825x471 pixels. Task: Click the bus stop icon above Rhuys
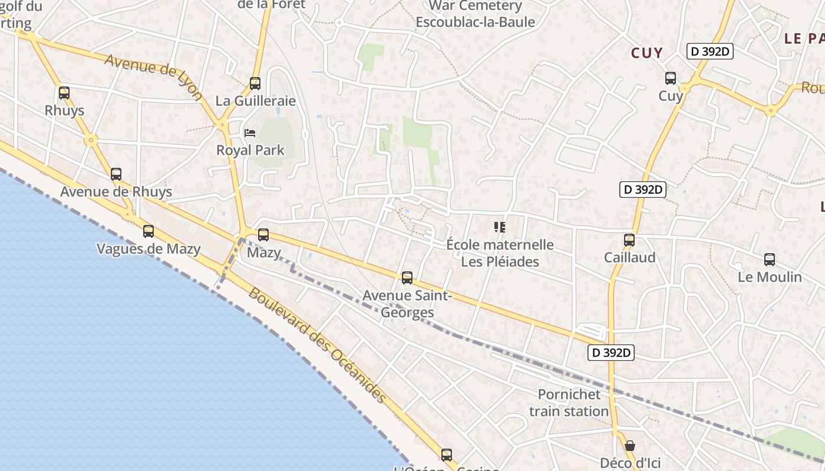click(64, 93)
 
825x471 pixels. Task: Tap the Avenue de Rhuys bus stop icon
click(116, 174)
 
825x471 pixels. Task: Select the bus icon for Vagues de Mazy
click(148, 231)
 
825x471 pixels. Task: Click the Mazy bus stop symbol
click(263, 235)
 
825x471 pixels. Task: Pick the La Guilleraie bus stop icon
click(255, 84)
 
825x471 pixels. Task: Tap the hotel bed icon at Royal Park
click(250, 133)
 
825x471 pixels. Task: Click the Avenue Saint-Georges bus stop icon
click(407, 278)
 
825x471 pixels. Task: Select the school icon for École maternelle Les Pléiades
click(500, 227)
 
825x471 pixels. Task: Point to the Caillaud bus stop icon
click(629, 240)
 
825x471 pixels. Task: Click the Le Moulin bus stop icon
click(770, 260)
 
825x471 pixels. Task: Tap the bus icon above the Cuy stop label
click(671, 78)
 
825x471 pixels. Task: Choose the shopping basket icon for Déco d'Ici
click(630, 446)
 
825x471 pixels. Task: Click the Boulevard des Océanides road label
click(318, 344)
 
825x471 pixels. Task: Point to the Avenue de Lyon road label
click(154, 77)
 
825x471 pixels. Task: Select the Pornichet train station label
click(569, 403)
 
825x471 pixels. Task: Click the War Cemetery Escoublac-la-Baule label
click(476, 14)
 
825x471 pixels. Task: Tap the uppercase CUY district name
click(647, 53)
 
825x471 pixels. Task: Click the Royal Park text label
click(250, 150)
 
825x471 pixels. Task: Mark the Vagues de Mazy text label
click(148, 249)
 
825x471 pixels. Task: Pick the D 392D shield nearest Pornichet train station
click(611, 353)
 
